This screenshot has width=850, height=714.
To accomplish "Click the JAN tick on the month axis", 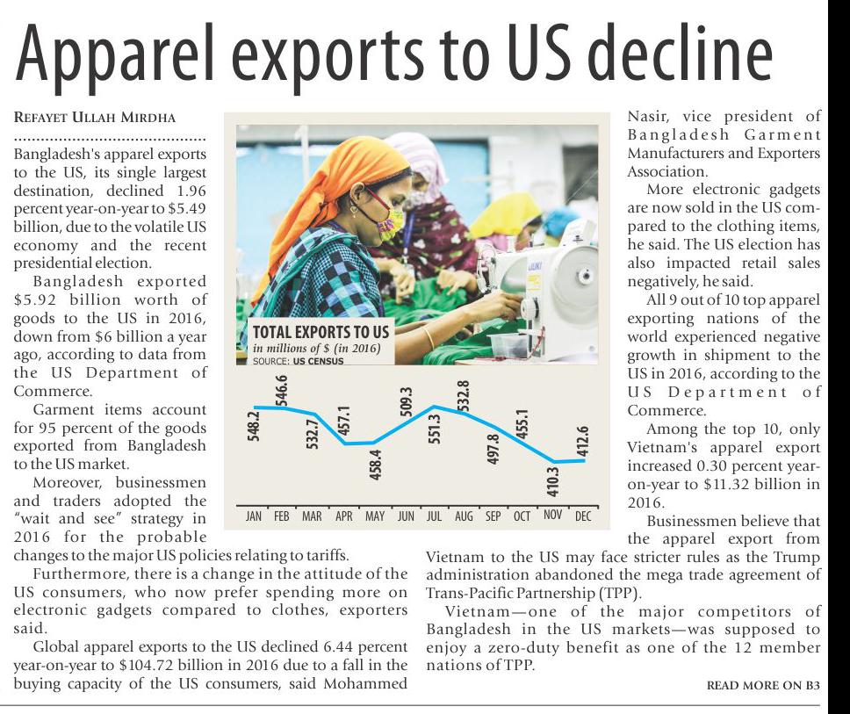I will (253, 516).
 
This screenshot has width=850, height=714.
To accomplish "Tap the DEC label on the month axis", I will (582, 516).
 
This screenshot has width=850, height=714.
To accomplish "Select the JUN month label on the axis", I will (405, 516).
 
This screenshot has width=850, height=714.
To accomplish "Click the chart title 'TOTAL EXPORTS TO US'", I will (320, 332).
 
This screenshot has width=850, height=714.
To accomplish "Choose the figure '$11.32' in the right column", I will (706, 484).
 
